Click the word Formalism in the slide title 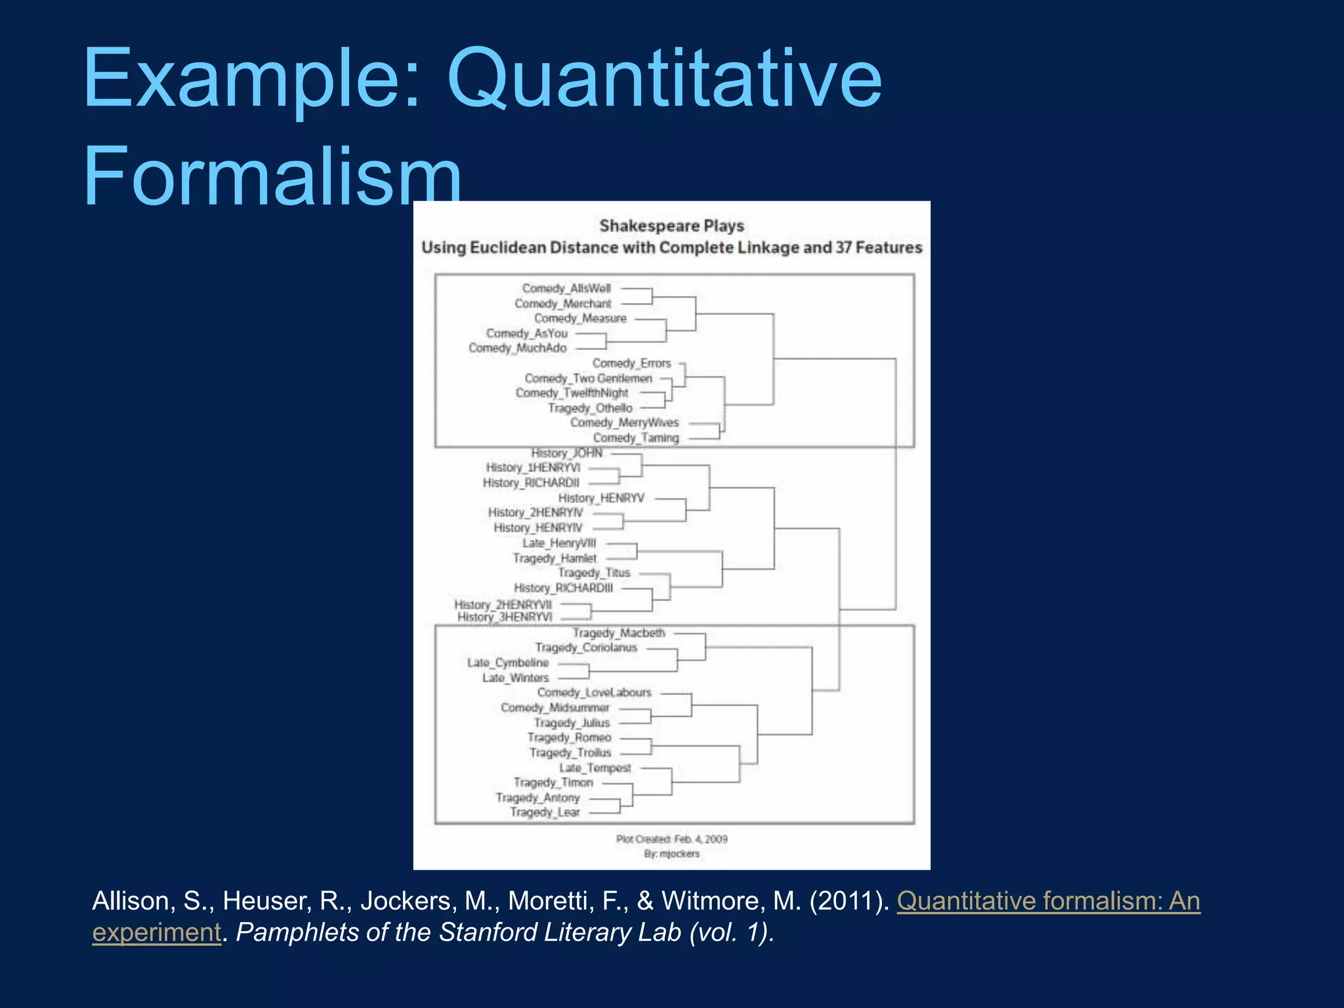[272, 176]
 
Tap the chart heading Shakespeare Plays [671, 226]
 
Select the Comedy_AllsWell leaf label [566, 288]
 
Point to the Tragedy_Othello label [590, 408]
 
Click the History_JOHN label [566, 453]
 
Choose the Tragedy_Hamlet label [555, 558]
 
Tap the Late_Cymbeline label [507, 663]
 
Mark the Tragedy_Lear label [545, 812]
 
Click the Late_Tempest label [595, 768]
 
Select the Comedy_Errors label [631, 363]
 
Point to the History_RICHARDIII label [563, 588]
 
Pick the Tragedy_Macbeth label [619, 633]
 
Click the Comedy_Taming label [635, 438]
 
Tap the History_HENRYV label [601, 498]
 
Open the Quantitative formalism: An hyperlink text [1048, 901]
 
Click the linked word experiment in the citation [156, 933]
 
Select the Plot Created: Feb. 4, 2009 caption [671, 839]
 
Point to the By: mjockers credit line [671, 854]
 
